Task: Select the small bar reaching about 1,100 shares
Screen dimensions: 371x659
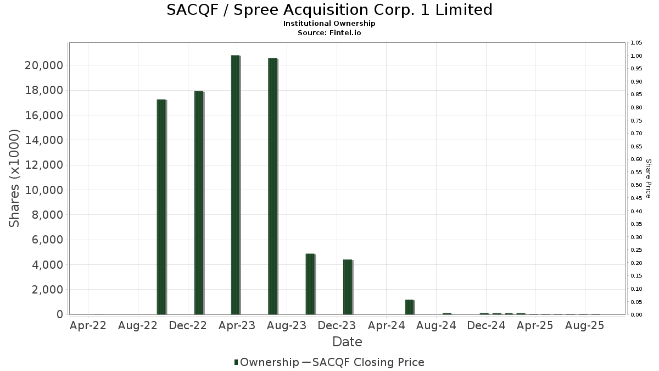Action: click(x=409, y=307)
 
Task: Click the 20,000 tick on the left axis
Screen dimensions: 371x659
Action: click(x=43, y=65)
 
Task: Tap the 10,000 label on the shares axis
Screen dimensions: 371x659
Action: click(x=43, y=190)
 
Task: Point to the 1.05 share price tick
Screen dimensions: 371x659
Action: click(x=636, y=43)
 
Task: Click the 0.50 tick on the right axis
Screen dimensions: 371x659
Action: click(x=636, y=185)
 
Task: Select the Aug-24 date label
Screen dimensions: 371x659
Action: click(x=436, y=326)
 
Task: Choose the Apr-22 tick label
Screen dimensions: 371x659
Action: click(x=88, y=326)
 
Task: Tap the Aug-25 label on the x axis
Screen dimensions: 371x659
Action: click(x=585, y=326)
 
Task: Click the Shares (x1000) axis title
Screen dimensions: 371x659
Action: click(x=15, y=178)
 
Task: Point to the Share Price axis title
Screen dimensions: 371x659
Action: click(x=649, y=178)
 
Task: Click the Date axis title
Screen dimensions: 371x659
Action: click(x=347, y=342)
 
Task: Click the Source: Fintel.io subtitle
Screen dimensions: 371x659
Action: click(x=329, y=33)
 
